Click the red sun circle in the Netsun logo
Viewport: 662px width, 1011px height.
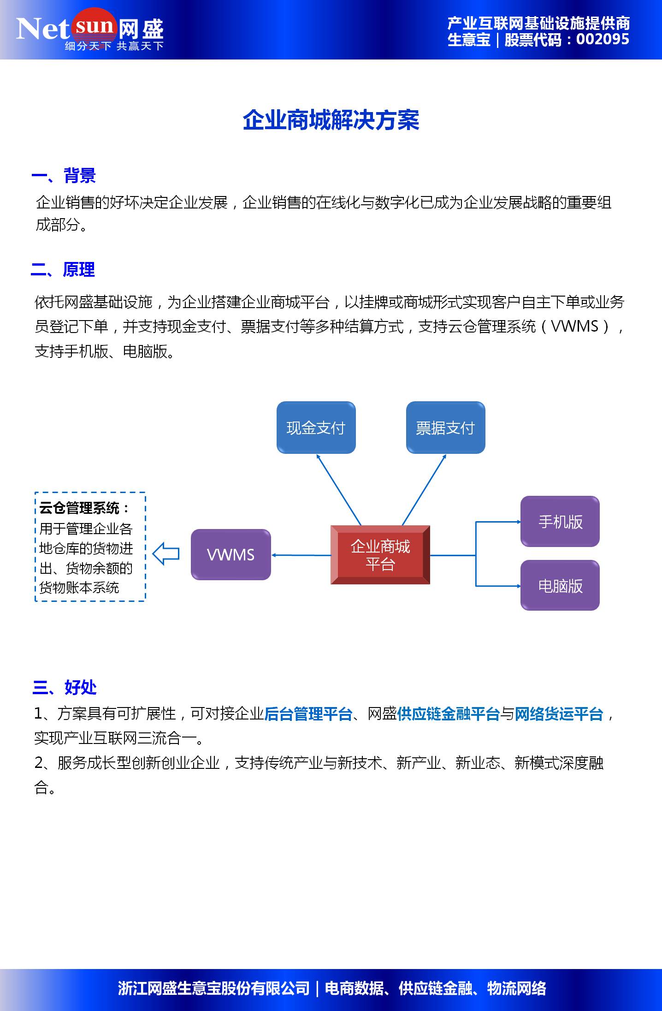click(94, 25)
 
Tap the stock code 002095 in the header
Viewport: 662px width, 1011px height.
click(602, 40)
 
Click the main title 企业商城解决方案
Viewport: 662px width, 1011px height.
click(331, 120)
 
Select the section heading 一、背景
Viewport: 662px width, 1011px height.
click(64, 176)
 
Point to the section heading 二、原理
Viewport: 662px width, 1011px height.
click(63, 270)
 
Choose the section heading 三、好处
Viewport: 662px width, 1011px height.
click(65, 687)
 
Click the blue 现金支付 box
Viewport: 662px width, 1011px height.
click(316, 428)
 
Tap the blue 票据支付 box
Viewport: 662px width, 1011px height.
click(445, 428)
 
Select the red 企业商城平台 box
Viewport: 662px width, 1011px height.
click(380, 555)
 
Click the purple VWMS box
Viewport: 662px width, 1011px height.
click(231, 554)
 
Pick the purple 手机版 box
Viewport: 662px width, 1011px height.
click(560, 522)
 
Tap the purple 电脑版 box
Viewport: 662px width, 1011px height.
click(560, 586)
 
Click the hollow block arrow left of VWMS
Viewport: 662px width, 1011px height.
click(165, 554)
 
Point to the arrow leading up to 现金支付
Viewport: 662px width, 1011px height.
click(339, 490)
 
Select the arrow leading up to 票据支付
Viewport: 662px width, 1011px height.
click(424, 490)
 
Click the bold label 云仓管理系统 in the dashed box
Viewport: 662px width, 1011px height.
click(79, 508)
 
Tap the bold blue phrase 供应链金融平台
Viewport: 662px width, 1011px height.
click(448, 714)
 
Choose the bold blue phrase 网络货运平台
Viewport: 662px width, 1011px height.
click(559, 714)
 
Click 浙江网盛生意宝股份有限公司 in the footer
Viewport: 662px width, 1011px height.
click(214, 988)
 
